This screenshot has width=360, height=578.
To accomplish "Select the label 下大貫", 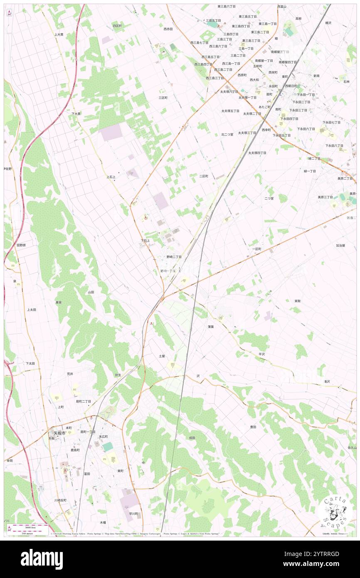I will click(x=76, y=114).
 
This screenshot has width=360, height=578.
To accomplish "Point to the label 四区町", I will click(x=117, y=26).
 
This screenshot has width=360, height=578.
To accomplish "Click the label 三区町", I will click(x=163, y=98).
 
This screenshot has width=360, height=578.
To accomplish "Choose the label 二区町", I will click(x=203, y=176).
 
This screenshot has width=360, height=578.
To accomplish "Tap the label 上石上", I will click(x=111, y=177).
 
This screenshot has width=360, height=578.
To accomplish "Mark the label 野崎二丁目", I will click(x=174, y=257).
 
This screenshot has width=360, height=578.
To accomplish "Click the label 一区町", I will click(x=256, y=249).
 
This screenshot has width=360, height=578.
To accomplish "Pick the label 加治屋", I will click(x=340, y=245).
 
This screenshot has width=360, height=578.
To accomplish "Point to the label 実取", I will click(x=298, y=301).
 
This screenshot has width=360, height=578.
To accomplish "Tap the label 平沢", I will click(x=261, y=354).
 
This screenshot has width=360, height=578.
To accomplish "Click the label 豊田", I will click(x=253, y=427).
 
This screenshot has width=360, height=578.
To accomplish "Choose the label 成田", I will click(x=192, y=438).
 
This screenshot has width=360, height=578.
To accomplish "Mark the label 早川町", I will click(x=133, y=514).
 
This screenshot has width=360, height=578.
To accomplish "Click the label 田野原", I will click(x=21, y=245).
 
